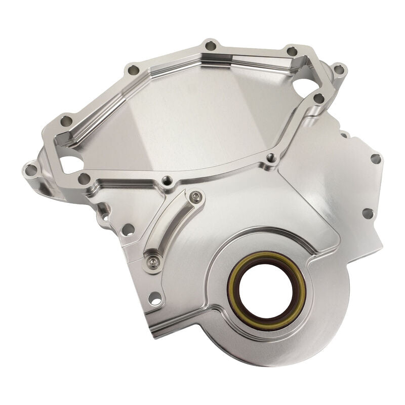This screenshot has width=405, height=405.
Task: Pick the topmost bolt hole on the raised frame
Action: [208, 47]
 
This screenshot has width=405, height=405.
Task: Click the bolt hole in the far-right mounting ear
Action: [340, 69]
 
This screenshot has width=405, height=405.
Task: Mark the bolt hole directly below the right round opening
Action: [318, 99]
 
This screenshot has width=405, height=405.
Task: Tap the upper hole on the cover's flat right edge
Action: [375, 158]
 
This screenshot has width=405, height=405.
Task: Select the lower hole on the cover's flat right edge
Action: [368, 213]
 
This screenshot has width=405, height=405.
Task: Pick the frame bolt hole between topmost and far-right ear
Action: [292, 51]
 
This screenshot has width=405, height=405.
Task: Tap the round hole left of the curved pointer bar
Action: [127, 229]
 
